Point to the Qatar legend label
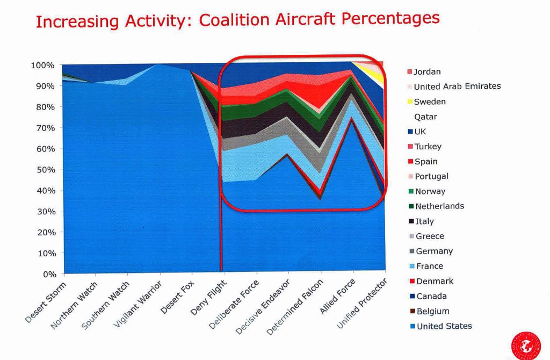425,117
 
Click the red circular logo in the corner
526,344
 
